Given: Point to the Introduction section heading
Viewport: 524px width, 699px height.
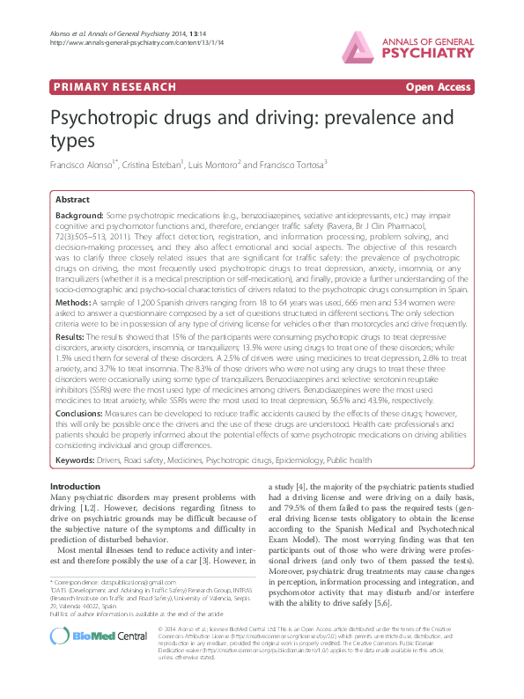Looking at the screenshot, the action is point(75,486).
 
